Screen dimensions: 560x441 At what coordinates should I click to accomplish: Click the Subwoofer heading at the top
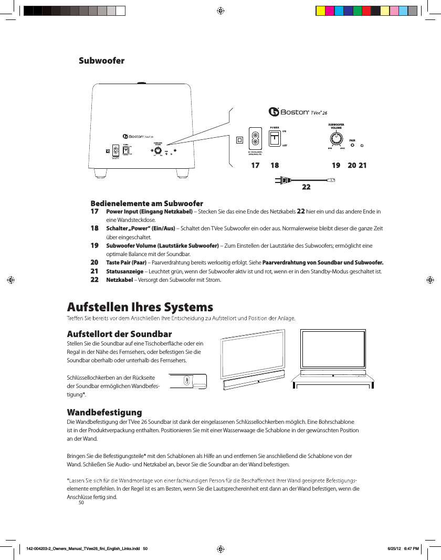pos(101,60)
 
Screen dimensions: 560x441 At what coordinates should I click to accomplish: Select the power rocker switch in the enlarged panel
pos(275,139)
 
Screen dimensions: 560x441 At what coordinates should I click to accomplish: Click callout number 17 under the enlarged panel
pos(255,165)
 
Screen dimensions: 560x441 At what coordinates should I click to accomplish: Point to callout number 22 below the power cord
pos(306,187)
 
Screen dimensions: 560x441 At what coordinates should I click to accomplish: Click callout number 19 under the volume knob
pos(337,165)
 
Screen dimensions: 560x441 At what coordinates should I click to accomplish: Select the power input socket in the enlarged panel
pos(255,138)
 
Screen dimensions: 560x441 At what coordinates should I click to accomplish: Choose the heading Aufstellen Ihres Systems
pos(140,307)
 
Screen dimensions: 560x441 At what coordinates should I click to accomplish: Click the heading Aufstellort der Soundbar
pos(119,334)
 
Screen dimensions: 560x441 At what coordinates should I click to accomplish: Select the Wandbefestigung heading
pos(104,411)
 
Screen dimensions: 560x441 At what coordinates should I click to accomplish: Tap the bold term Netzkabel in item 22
pos(119,280)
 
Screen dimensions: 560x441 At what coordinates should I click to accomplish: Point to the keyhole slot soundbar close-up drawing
pos(187,381)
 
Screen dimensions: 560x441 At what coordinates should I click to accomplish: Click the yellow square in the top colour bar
pos(320,11)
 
